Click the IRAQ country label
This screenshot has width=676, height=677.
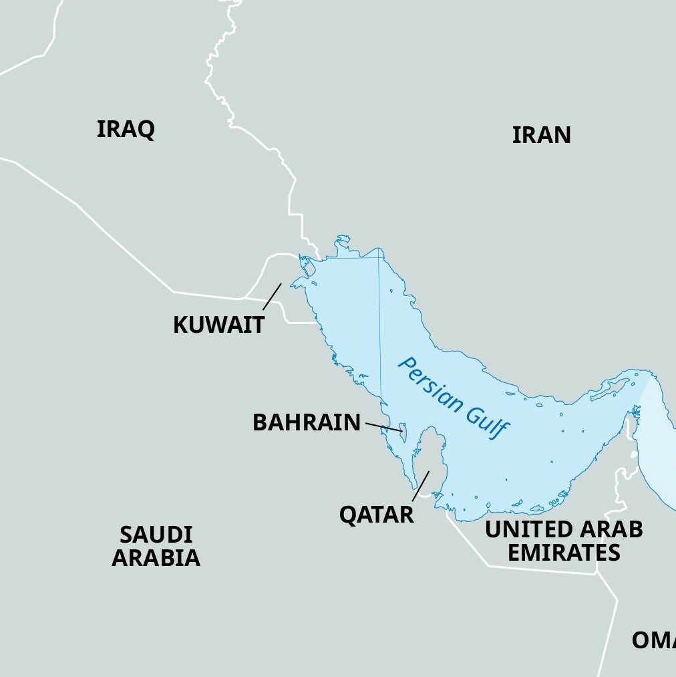(126, 129)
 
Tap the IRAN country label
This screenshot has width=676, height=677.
(541, 135)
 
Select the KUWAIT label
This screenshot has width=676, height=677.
(218, 325)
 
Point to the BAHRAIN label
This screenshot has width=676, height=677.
(306, 422)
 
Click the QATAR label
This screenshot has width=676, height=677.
(376, 515)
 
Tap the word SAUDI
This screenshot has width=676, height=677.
(156, 535)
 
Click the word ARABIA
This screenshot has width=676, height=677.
(156, 557)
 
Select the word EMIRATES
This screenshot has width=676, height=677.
(563, 553)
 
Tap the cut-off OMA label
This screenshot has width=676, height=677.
(653, 640)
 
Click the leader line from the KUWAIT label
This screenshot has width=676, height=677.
(272, 297)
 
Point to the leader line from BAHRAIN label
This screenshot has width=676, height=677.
(383, 427)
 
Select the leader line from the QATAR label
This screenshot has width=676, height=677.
(420, 486)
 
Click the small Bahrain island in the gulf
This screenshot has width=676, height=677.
(403, 430)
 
